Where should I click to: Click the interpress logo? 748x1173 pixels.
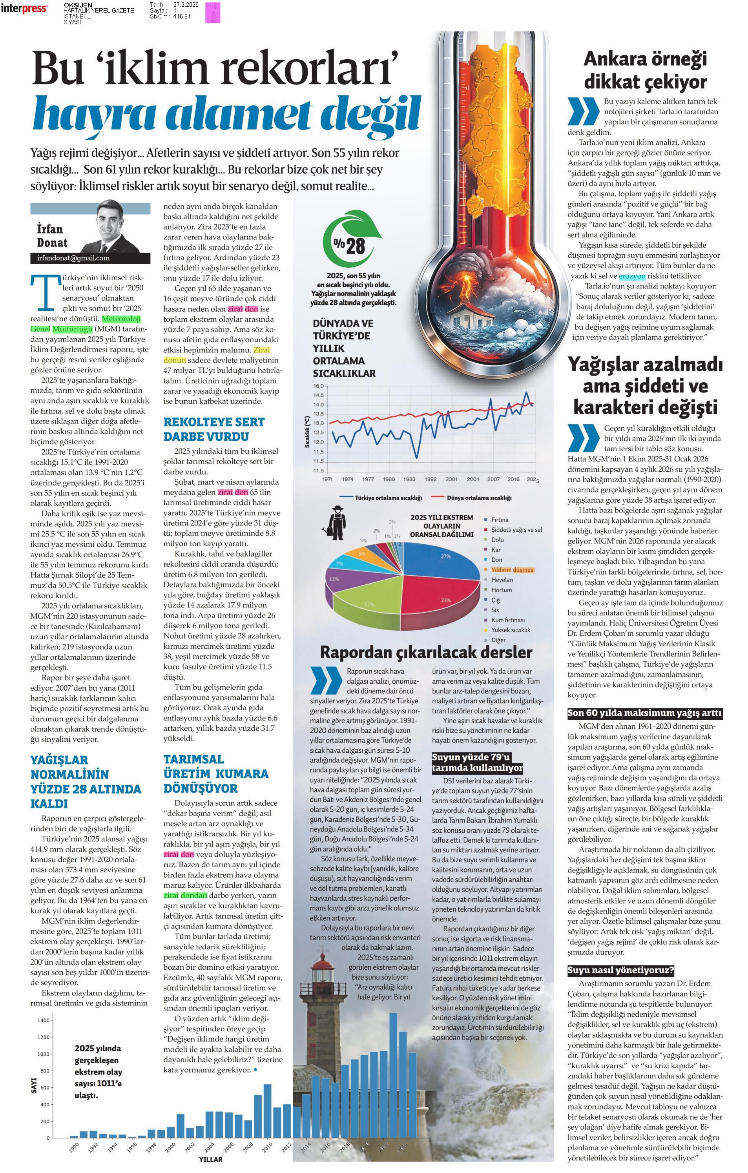tap(24, 8)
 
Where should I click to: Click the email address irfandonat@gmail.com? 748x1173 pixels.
tap(73, 258)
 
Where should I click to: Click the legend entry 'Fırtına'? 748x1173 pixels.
tap(500, 520)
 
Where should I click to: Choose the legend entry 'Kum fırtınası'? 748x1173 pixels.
tap(507, 620)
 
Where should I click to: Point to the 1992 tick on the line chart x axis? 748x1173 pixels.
tap(431, 479)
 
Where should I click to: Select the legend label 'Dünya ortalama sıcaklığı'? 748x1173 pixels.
tap(479, 498)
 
